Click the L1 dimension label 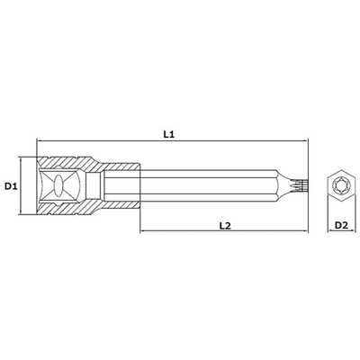coord(169,134)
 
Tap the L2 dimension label coord(225,226)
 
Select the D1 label coord(11,186)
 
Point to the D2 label coord(341,225)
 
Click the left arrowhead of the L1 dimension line coord(39,140)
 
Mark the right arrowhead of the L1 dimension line coord(306,140)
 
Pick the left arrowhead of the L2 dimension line coord(142,231)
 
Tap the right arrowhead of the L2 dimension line coord(306,231)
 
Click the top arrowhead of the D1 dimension coord(21,159)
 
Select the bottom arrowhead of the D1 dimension coord(21,212)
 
